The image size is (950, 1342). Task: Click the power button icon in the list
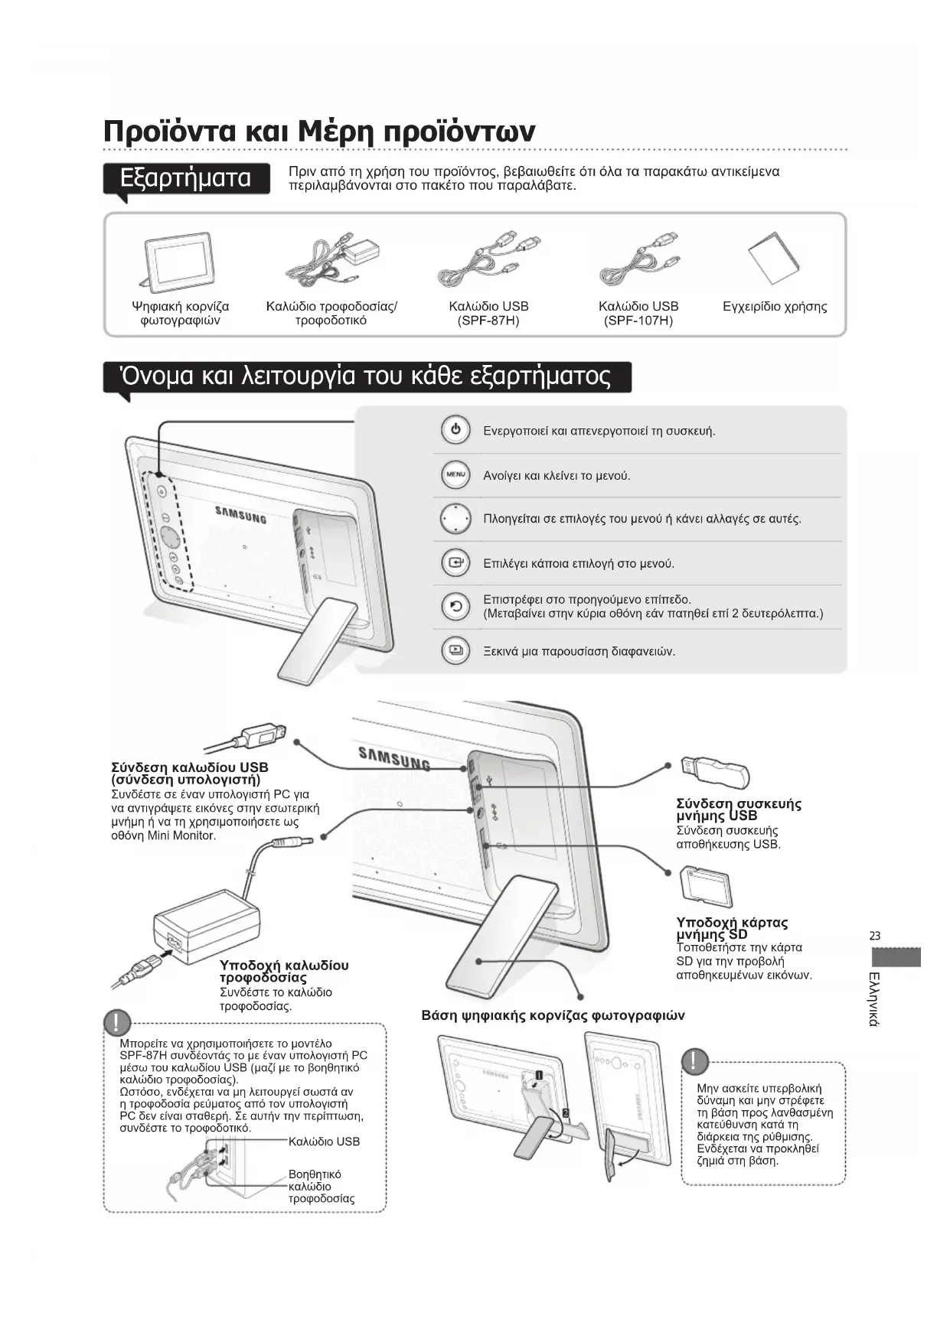[x=455, y=430]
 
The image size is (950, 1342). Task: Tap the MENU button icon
[x=455, y=475]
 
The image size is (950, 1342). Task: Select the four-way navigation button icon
[x=455, y=519]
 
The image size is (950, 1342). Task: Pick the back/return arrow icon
[x=455, y=607]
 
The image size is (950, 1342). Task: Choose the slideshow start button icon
[x=455, y=651]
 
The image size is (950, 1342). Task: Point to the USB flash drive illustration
[x=714, y=770]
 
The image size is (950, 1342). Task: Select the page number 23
[x=875, y=936]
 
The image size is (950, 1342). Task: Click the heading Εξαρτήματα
[x=186, y=178]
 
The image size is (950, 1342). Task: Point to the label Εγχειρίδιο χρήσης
[x=775, y=307]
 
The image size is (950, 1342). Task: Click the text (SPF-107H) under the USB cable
[x=638, y=321]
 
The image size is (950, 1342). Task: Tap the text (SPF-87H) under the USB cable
[x=488, y=321]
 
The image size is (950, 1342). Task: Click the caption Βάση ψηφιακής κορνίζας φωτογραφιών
[x=553, y=1016]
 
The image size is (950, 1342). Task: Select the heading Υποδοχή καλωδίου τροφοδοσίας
[x=283, y=972]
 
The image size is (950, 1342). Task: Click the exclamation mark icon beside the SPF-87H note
[x=118, y=1022]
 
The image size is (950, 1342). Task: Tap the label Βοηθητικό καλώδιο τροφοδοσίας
[x=321, y=1187]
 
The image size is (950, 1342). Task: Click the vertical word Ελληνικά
[x=875, y=998]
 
